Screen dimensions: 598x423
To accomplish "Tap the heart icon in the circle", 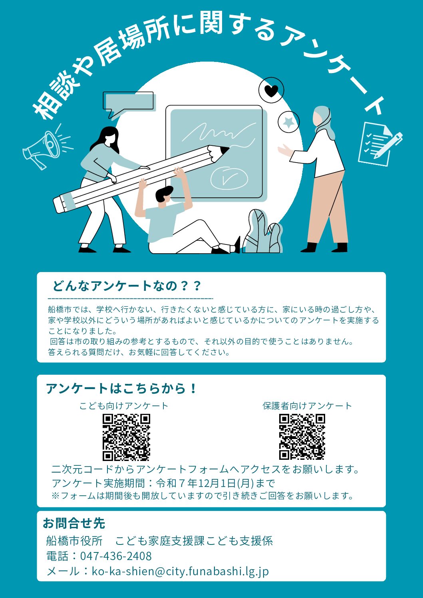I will point(271,91).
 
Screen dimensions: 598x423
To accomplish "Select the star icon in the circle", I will point(288,121).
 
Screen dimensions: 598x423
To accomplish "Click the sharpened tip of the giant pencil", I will point(223,151).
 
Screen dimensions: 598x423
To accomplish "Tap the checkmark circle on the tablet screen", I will point(229,178).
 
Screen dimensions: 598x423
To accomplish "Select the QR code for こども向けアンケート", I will point(126,437).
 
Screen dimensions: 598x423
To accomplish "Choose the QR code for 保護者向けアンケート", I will point(302,437).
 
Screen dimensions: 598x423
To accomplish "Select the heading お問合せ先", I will point(74,523).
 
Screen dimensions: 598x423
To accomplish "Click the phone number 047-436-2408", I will point(116,556).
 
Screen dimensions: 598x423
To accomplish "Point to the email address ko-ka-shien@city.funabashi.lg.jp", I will point(180,571).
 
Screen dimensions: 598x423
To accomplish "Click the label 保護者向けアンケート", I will point(307,406).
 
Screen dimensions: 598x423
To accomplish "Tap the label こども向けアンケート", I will point(124,406).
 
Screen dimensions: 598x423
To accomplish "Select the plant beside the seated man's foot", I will point(262,233).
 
